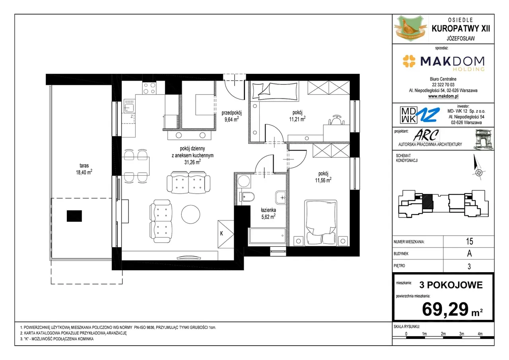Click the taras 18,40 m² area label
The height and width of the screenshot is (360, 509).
click(x=84, y=169)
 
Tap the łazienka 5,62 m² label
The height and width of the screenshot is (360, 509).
click(x=268, y=213)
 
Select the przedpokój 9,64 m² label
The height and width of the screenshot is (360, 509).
click(x=231, y=116)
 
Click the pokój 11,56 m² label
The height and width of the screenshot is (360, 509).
click(x=323, y=177)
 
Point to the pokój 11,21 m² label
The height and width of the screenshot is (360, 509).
click(x=297, y=116)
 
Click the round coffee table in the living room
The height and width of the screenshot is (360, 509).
click(x=190, y=214)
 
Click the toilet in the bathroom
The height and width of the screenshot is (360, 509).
click(x=247, y=197)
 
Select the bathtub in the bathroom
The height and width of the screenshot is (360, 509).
click(x=267, y=236)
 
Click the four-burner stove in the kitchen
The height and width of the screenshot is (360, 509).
click(x=149, y=88)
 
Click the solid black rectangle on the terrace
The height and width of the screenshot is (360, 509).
click(x=74, y=216)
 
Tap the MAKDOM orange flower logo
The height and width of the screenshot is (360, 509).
click(x=409, y=61)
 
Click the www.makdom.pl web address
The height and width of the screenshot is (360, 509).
click(x=443, y=96)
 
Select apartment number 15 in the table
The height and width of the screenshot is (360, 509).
click(x=470, y=241)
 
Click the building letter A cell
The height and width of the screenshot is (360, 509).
click(x=470, y=254)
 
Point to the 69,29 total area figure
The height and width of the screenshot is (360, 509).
click(x=445, y=309)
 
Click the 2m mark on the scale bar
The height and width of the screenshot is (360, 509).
click(x=443, y=334)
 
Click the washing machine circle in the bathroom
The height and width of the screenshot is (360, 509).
click(x=244, y=181)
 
